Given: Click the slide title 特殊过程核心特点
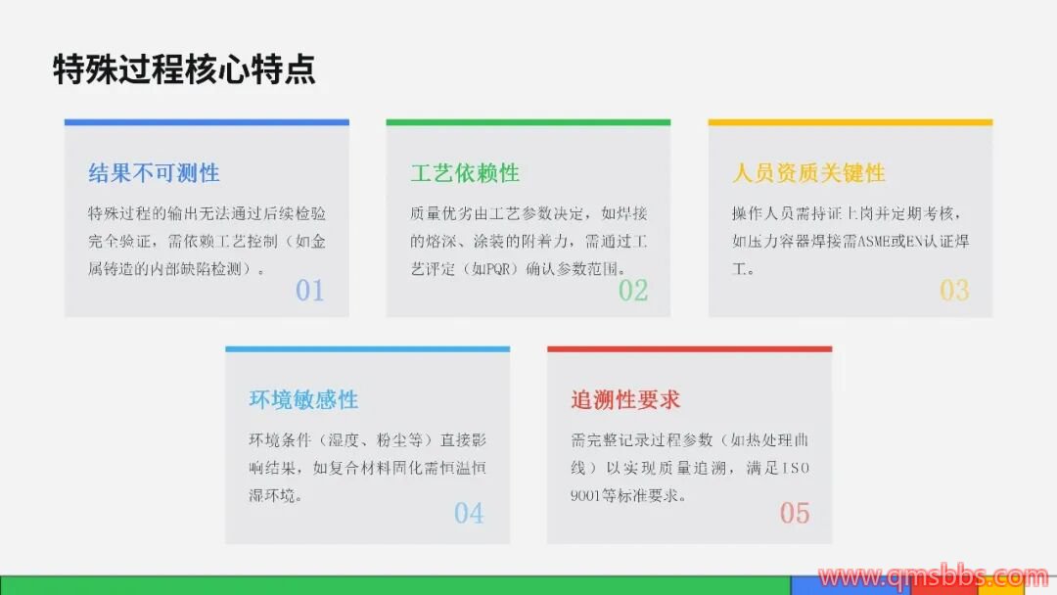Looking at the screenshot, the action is [184, 69].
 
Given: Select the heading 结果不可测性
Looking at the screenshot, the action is [155, 173].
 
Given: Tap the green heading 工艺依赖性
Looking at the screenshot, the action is [465, 173].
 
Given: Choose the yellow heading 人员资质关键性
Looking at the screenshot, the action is [808, 173].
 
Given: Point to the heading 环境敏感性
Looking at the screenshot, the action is [303, 399].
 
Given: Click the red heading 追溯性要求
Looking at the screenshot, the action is [625, 399].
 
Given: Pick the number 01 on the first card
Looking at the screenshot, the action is [310, 291].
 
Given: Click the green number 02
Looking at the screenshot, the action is [633, 291].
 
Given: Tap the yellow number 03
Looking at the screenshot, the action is [954, 291].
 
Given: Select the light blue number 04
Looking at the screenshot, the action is [469, 514].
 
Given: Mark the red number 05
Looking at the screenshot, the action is [795, 514].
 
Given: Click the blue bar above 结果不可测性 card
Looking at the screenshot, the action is [207, 122].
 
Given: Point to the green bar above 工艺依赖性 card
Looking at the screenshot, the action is [528, 122].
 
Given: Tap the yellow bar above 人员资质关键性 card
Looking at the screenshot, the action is [850, 122].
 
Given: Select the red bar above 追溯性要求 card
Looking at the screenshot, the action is [690, 349].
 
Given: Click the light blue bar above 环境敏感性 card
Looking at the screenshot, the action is [367, 349].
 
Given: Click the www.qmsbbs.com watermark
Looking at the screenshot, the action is [934, 577].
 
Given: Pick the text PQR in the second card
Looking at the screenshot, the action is [498, 269].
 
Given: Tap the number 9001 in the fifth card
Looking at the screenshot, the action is [585, 496].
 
